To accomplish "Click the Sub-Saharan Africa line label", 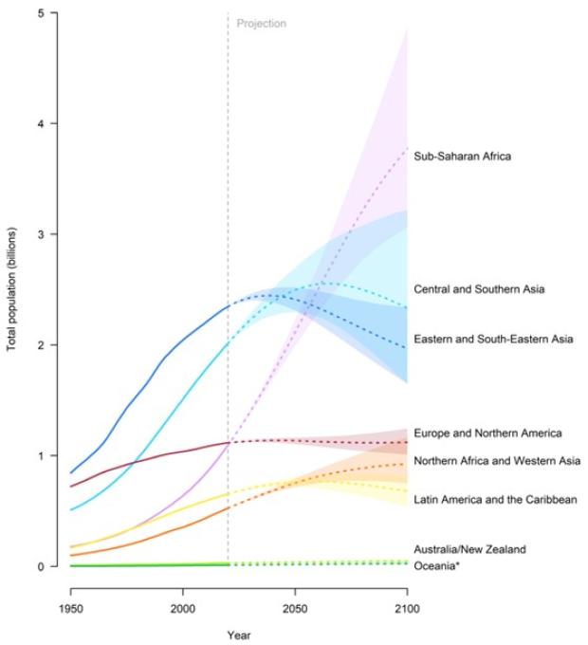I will (x=463, y=157).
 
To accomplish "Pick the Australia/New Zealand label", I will (x=469, y=549).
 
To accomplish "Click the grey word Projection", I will (x=262, y=24).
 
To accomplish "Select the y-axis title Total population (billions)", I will (x=12, y=289).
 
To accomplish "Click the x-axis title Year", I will (x=239, y=635).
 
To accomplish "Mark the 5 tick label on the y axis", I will (x=41, y=13).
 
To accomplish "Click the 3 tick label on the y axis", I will (x=41, y=234).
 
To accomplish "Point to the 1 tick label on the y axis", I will (x=41, y=455).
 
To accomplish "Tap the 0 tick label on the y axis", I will (x=41, y=566).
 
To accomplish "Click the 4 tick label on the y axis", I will (x=41, y=123).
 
